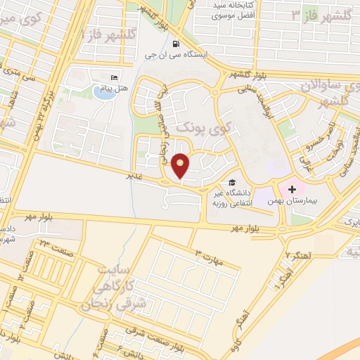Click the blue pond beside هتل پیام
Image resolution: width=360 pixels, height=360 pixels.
103,93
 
